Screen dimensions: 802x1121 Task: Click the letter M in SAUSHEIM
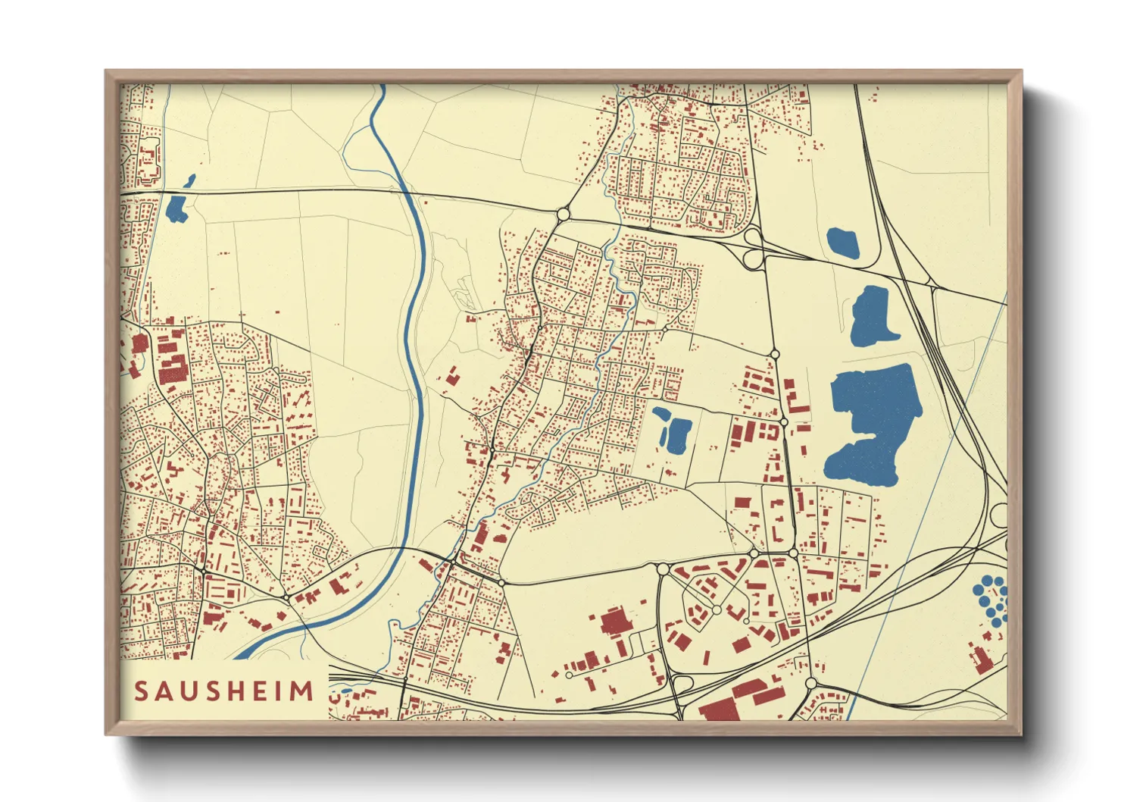[304, 691]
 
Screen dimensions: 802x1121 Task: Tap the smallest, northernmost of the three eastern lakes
[843, 243]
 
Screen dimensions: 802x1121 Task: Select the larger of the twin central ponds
[676, 435]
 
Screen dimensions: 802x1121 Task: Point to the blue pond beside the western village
[176, 208]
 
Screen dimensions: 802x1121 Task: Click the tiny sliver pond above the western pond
[189, 181]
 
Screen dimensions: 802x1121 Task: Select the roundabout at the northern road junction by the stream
[563, 215]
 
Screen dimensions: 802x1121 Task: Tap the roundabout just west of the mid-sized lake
[774, 354]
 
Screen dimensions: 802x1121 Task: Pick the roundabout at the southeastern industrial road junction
[811, 683]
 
